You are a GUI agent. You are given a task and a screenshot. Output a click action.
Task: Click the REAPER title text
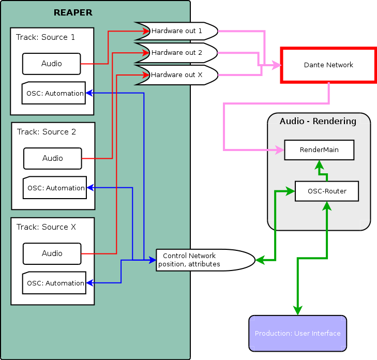pos(73,12)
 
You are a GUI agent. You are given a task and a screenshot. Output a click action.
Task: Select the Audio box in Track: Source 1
pos(52,64)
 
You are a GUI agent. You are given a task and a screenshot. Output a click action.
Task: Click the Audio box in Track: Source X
pos(52,253)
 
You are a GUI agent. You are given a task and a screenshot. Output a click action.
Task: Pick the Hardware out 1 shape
pos(177,31)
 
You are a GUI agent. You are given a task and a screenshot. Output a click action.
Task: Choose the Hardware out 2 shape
pos(177,53)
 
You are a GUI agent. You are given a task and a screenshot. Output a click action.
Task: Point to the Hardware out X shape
pos(177,75)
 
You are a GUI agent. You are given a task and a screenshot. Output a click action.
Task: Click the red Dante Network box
pos(328,65)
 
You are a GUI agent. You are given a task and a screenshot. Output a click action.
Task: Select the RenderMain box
pos(319,150)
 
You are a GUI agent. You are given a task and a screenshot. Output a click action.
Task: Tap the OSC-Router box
pos(327,191)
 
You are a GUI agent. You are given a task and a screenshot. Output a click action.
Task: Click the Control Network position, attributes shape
pos(205,260)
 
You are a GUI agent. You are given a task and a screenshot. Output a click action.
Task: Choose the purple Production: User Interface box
pos(297,333)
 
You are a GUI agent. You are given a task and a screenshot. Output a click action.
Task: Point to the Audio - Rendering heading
pos(318,122)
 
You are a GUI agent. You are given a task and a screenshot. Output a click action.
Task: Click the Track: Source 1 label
pos(46,37)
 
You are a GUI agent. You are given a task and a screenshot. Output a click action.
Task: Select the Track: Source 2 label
pos(47,132)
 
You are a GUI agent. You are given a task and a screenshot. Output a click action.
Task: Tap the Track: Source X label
pos(46,227)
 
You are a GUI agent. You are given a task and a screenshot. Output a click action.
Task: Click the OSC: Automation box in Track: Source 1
pos(54,93)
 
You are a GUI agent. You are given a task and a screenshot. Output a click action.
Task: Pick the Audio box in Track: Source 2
pos(53,158)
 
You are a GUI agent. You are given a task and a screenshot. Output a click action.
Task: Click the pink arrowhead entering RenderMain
pos(280,150)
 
